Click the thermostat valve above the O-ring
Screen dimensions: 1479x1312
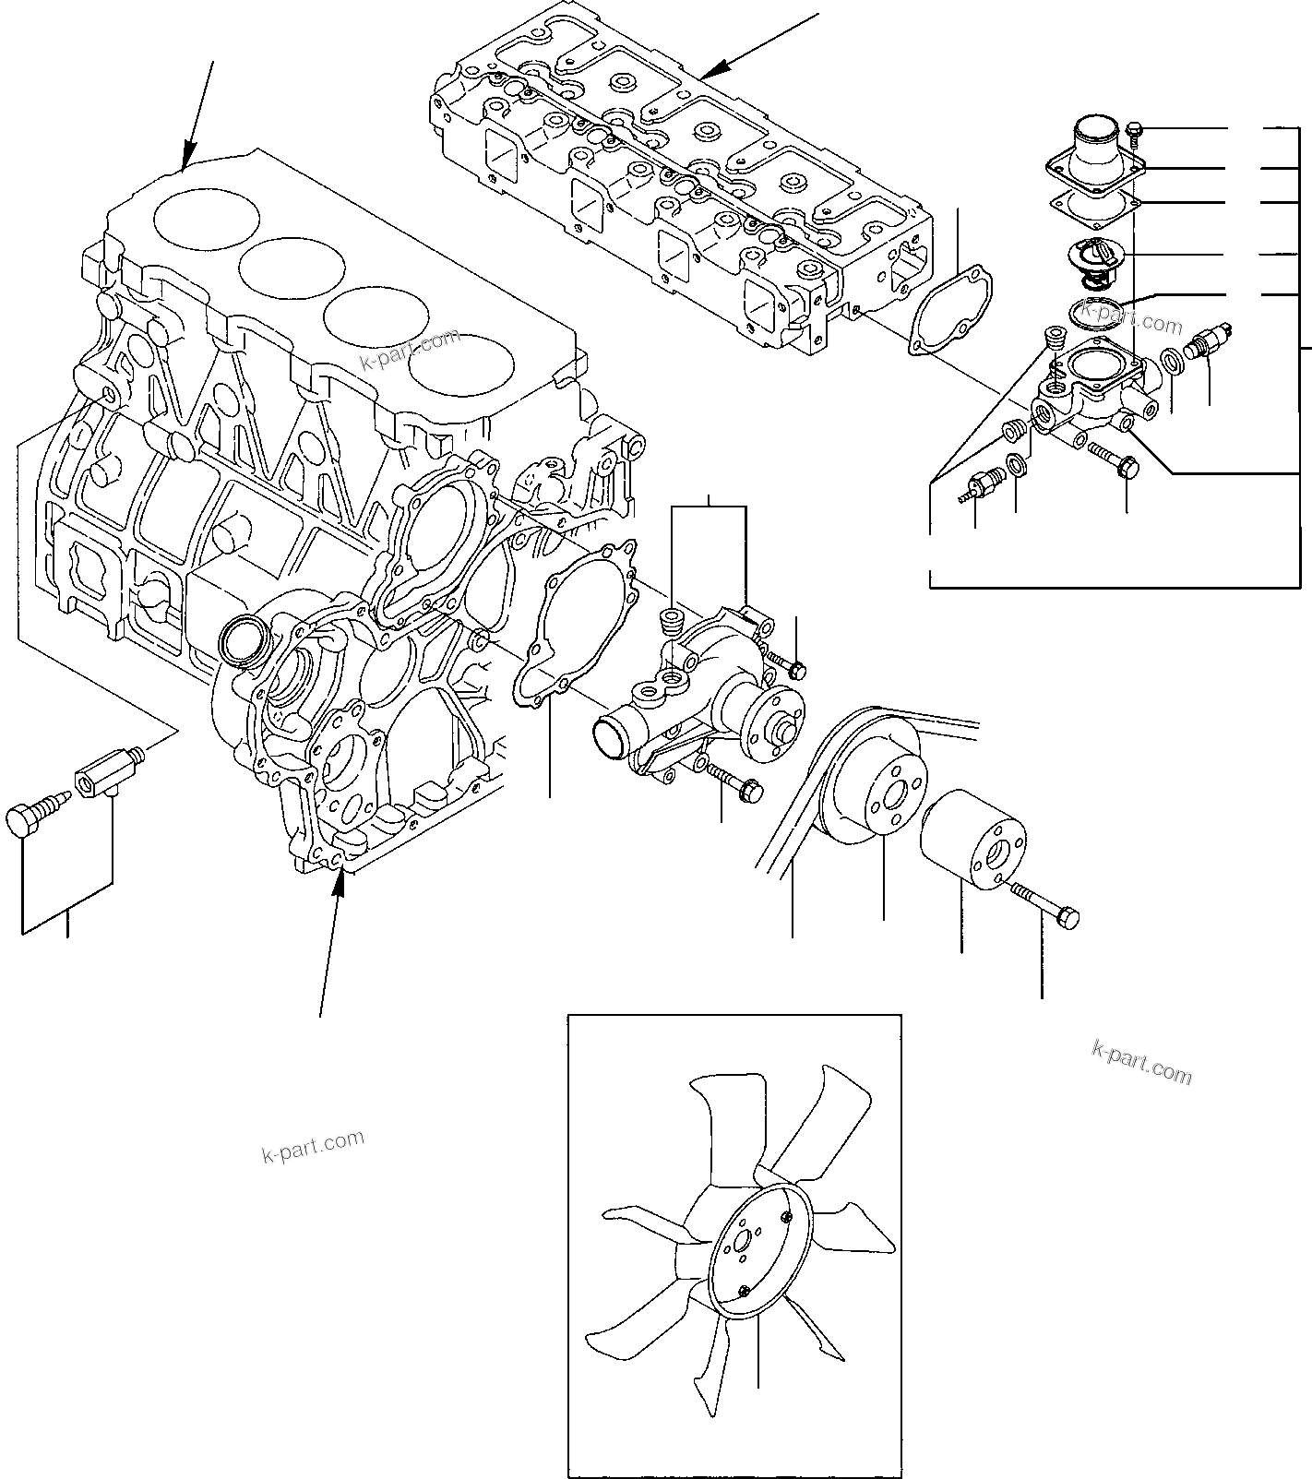tap(1095, 255)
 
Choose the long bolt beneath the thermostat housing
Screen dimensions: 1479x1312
tap(1114, 460)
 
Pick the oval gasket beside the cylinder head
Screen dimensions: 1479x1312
tap(950, 310)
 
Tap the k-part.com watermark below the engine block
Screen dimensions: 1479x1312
tap(314, 1146)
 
